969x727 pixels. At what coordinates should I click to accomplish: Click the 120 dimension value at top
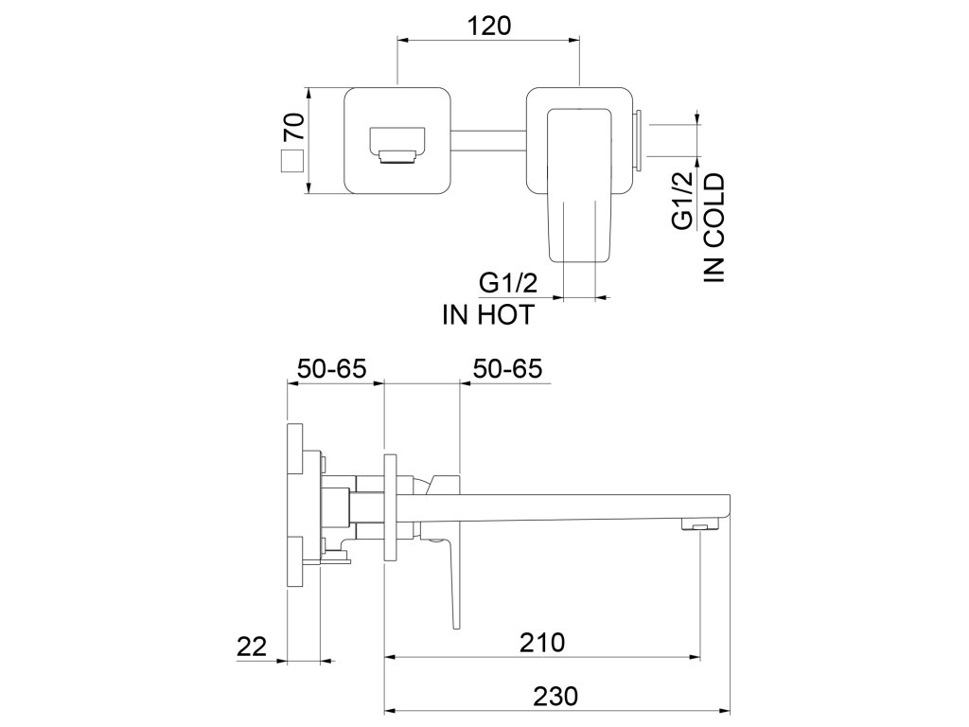tap(489, 26)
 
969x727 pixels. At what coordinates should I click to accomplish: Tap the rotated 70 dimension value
tap(294, 128)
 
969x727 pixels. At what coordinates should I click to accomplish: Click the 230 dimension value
tap(555, 696)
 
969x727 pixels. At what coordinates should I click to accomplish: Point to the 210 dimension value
tap(541, 643)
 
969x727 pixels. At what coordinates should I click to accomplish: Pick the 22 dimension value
tap(252, 647)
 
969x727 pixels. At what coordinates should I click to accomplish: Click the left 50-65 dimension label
tap(332, 369)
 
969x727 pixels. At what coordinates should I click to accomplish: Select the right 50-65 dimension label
tap(507, 369)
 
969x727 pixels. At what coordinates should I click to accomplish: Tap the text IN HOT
tap(488, 315)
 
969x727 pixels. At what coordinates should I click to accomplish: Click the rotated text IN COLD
tap(714, 227)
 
